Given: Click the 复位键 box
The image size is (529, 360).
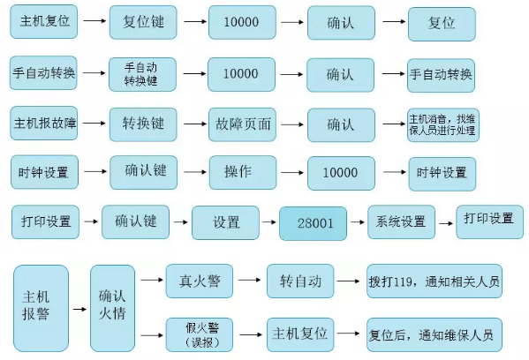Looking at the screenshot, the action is click(143, 22).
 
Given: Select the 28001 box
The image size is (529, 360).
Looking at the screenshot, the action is click(314, 223).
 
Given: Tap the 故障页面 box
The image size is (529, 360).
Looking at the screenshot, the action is click(242, 124).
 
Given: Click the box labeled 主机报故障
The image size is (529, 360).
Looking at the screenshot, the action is click(44, 123).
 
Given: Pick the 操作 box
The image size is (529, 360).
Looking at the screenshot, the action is click(243, 172).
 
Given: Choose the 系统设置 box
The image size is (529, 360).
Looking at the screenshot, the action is click(402, 221).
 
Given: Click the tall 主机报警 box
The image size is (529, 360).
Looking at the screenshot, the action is click(42, 308).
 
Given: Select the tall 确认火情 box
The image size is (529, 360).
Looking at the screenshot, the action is click(113, 308).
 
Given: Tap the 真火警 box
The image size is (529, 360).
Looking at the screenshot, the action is click(200, 281).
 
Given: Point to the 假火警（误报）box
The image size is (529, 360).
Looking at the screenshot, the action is click(200, 334).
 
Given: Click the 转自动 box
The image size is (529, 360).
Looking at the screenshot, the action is click(300, 281).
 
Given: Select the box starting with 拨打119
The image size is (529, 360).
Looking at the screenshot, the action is click(435, 281).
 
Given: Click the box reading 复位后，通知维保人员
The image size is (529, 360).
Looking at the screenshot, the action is click(435, 334).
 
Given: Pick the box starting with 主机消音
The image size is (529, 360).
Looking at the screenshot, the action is click(443, 124).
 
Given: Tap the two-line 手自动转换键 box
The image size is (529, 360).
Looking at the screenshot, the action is click(142, 74).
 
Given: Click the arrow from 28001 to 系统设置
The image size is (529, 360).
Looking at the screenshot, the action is click(358, 222).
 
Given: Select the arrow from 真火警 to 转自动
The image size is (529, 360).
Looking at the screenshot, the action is click(249, 280).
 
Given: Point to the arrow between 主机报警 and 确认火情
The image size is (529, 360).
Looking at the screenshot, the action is click(79, 309).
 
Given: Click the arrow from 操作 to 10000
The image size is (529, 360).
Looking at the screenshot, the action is click(292, 173).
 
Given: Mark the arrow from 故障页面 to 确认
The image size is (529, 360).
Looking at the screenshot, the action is click(292, 124).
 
